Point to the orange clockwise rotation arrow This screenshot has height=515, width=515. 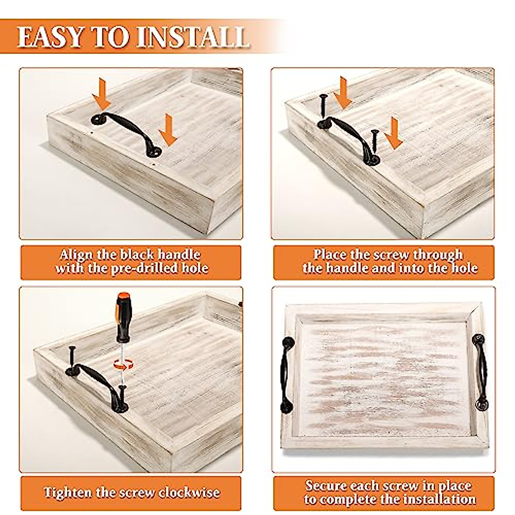(x=123, y=364)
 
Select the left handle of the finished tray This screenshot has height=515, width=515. (x=285, y=374)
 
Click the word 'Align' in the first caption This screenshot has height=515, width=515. (x=76, y=254)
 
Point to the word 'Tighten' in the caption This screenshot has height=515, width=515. (x=68, y=492)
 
